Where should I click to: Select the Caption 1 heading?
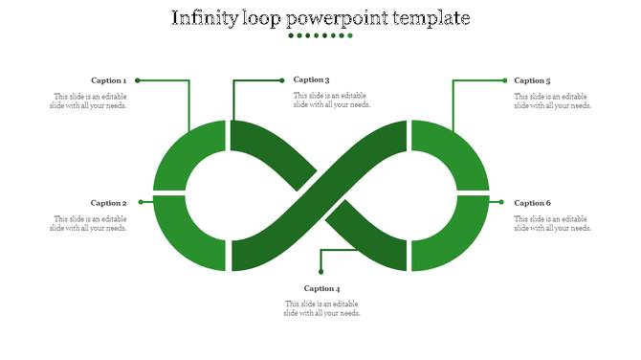[x=108, y=80]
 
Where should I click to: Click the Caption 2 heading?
[x=108, y=203]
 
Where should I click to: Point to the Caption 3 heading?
[x=312, y=80]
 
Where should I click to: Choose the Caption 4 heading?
[x=321, y=288]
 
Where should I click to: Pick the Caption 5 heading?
[x=532, y=80]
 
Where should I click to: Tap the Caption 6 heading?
[x=532, y=203]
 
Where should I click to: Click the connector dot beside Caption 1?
[x=138, y=80]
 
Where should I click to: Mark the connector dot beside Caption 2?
[x=141, y=202]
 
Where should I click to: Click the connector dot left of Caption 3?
[x=281, y=80]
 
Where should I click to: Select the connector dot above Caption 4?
[x=320, y=271]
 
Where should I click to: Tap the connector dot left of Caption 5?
[x=504, y=80]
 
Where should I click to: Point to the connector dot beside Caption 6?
[x=500, y=202]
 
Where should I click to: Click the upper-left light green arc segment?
[x=182, y=153]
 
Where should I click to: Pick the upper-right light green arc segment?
[x=459, y=153]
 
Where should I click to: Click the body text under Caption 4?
[x=321, y=308]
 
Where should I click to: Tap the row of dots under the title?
[x=320, y=36]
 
